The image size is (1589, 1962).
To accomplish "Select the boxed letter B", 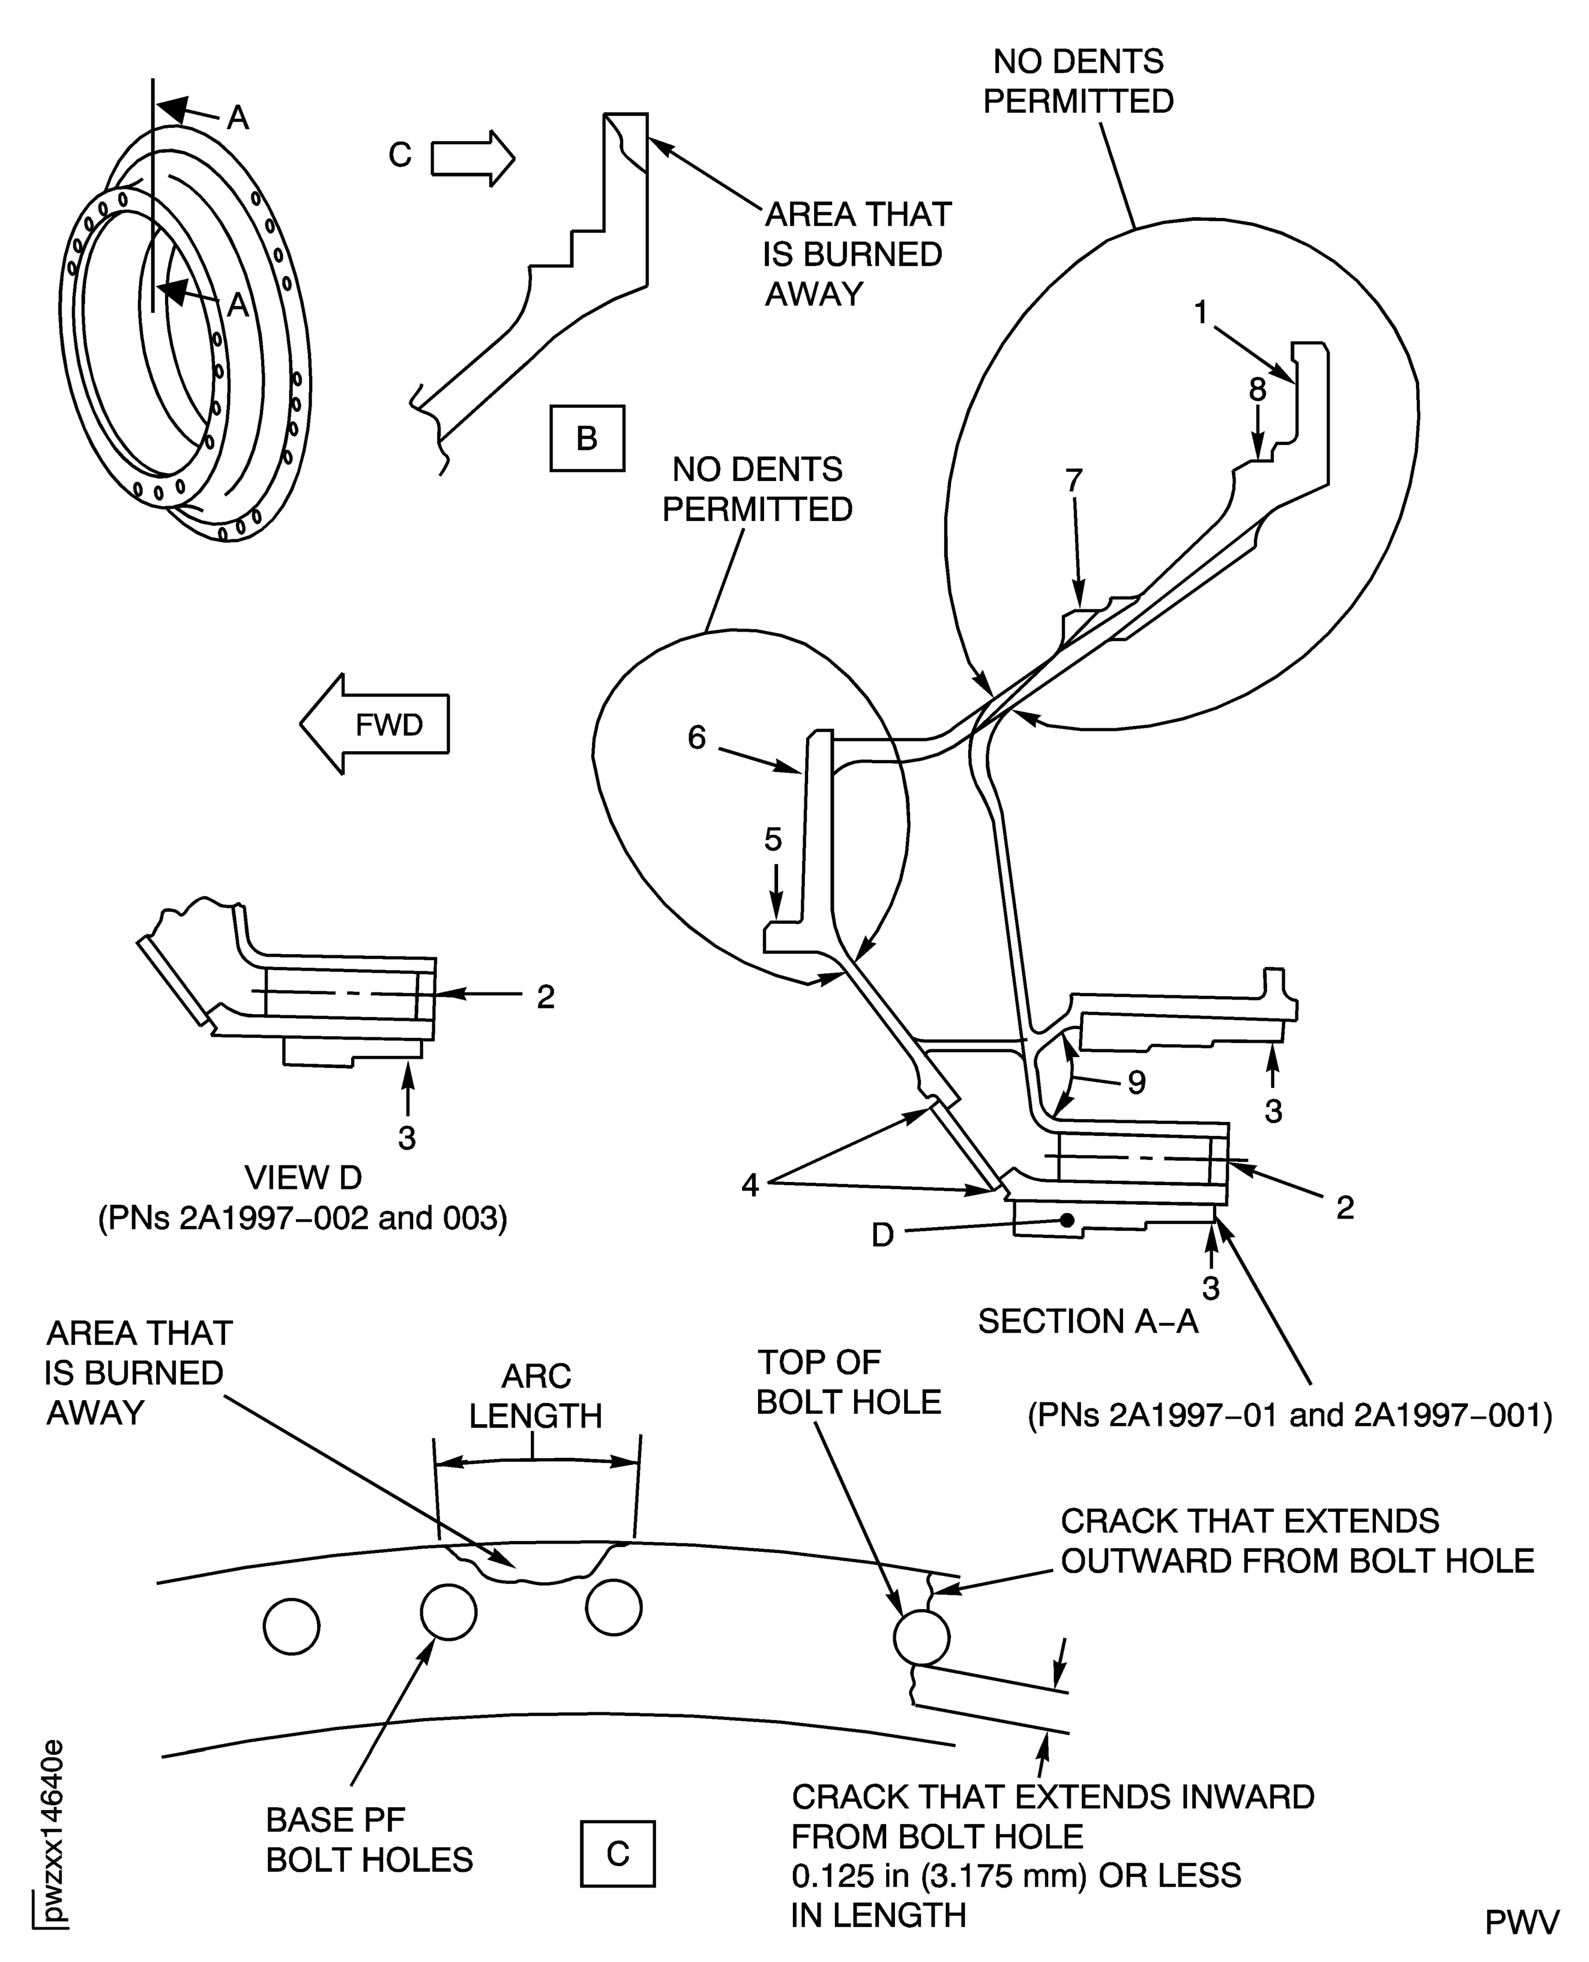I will click(x=586, y=438).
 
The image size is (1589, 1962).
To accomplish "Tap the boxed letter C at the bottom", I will click(x=618, y=1853).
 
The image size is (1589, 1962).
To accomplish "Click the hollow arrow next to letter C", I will click(x=472, y=157).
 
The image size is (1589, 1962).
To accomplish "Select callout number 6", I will click(x=698, y=737).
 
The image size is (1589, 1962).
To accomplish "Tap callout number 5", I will click(x=773, y=839).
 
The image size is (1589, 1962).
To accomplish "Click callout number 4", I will click(x=750, y=1186).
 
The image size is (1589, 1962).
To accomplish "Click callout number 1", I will click(x=1202, y=313).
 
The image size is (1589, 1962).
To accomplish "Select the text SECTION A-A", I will click(x=1087, y=1321).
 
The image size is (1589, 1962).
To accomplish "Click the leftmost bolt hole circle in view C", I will click(x=291, y=1627).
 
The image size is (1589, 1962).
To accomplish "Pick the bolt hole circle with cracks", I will click(x=921, y=1637).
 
